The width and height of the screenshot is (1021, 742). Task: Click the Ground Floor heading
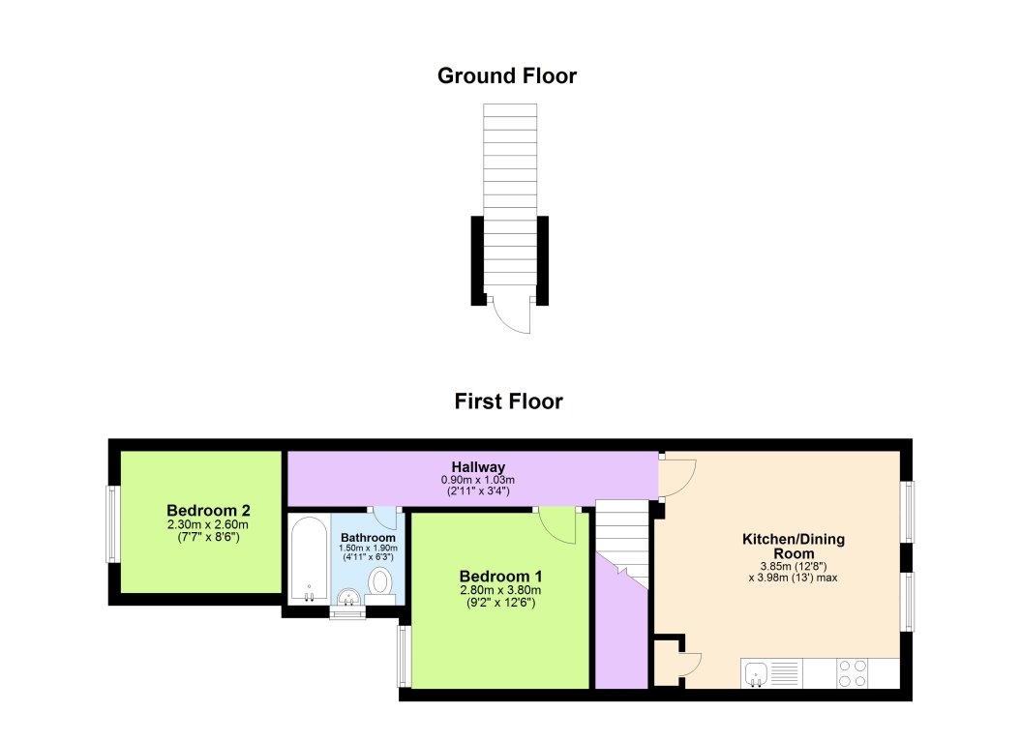coord(507,75)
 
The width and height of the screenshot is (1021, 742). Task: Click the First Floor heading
coord(508,401)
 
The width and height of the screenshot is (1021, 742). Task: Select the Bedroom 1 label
coord(499,576)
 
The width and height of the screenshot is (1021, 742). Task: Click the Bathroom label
coord(368,537)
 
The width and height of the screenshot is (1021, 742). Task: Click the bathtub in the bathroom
coord(309,561)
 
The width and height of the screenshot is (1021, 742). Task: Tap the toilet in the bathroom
coord(380,582)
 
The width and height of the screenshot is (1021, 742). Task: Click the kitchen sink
coord(758,672)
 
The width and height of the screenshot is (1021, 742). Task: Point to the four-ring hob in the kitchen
coord(852,672)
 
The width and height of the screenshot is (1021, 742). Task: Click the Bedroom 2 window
coord(112,523)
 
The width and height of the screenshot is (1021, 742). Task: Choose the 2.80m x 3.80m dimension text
coord(499,590)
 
